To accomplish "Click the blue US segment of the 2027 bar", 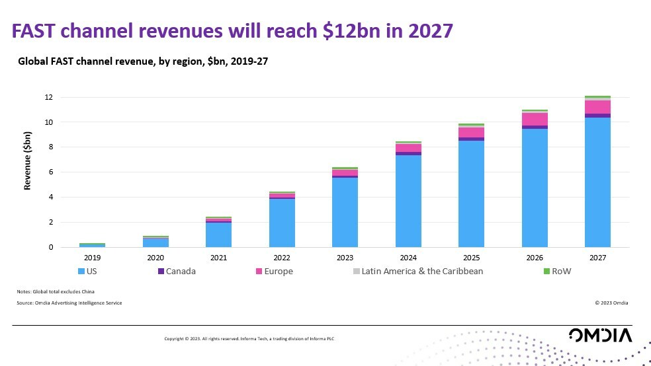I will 597,182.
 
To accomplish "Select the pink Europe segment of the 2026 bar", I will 535,119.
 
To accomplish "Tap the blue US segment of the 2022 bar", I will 282,223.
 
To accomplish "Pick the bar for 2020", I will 156,242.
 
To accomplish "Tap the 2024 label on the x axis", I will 408,258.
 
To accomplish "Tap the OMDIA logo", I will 600,335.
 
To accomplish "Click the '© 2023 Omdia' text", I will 611,303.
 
